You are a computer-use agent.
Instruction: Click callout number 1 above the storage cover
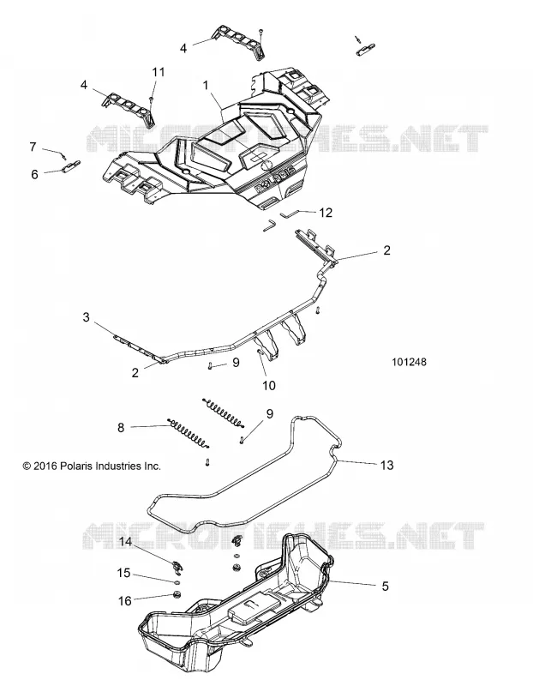pyautogui.click(x=205, y=85)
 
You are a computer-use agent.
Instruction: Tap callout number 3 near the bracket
pyautogui.click(x=87, y=316)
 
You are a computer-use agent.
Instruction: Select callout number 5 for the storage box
pyautogui.click(x=385, y=586)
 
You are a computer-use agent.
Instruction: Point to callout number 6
pyautogui.click(x=34, y=174)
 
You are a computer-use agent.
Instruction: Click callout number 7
pyautogui.click(x=33, y=147)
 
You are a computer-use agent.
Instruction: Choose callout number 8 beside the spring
pyautogui.click(x=121, y=427)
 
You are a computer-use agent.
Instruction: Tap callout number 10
pyautogui.click(x=269, y=385)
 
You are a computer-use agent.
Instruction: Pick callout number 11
pyautogui.click(x=159, y=72)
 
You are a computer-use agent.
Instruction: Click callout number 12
pyautogui.click(x=326, y=213)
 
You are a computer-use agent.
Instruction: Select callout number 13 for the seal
pyautogui.click(x=387, y=465)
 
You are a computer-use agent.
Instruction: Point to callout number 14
pyautogui.click(x=125, y=542)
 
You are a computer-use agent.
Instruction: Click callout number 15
pyautogui.click(x=124, y=572)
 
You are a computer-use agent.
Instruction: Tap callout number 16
pyautogui.click(x=125, y=601)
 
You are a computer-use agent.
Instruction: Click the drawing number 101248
pyautogui.click(x=409, y=362)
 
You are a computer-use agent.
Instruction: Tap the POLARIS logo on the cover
pyautogui.click(x=275, y=179)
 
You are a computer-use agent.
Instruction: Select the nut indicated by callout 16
pyautogui.click(x=177, y=594)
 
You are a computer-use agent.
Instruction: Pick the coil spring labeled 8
pyautogui.click(x=189, y=434)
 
